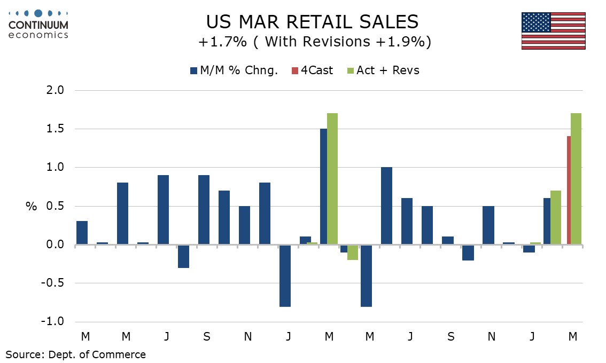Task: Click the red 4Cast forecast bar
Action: [569, 191]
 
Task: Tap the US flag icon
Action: [553, 31]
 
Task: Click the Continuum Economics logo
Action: [38, 24]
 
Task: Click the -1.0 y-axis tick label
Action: [51, 322]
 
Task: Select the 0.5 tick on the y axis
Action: [53, 207]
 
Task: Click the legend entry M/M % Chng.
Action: [234, 70]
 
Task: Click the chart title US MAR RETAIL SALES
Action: [313, 22]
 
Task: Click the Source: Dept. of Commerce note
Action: [75, 354]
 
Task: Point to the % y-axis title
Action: [31, 207]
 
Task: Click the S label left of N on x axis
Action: [207, 336]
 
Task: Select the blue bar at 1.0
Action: [386, 206]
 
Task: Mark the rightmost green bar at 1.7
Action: [576, 179]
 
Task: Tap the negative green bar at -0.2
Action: [353, 252]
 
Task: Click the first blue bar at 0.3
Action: [82, 233]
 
